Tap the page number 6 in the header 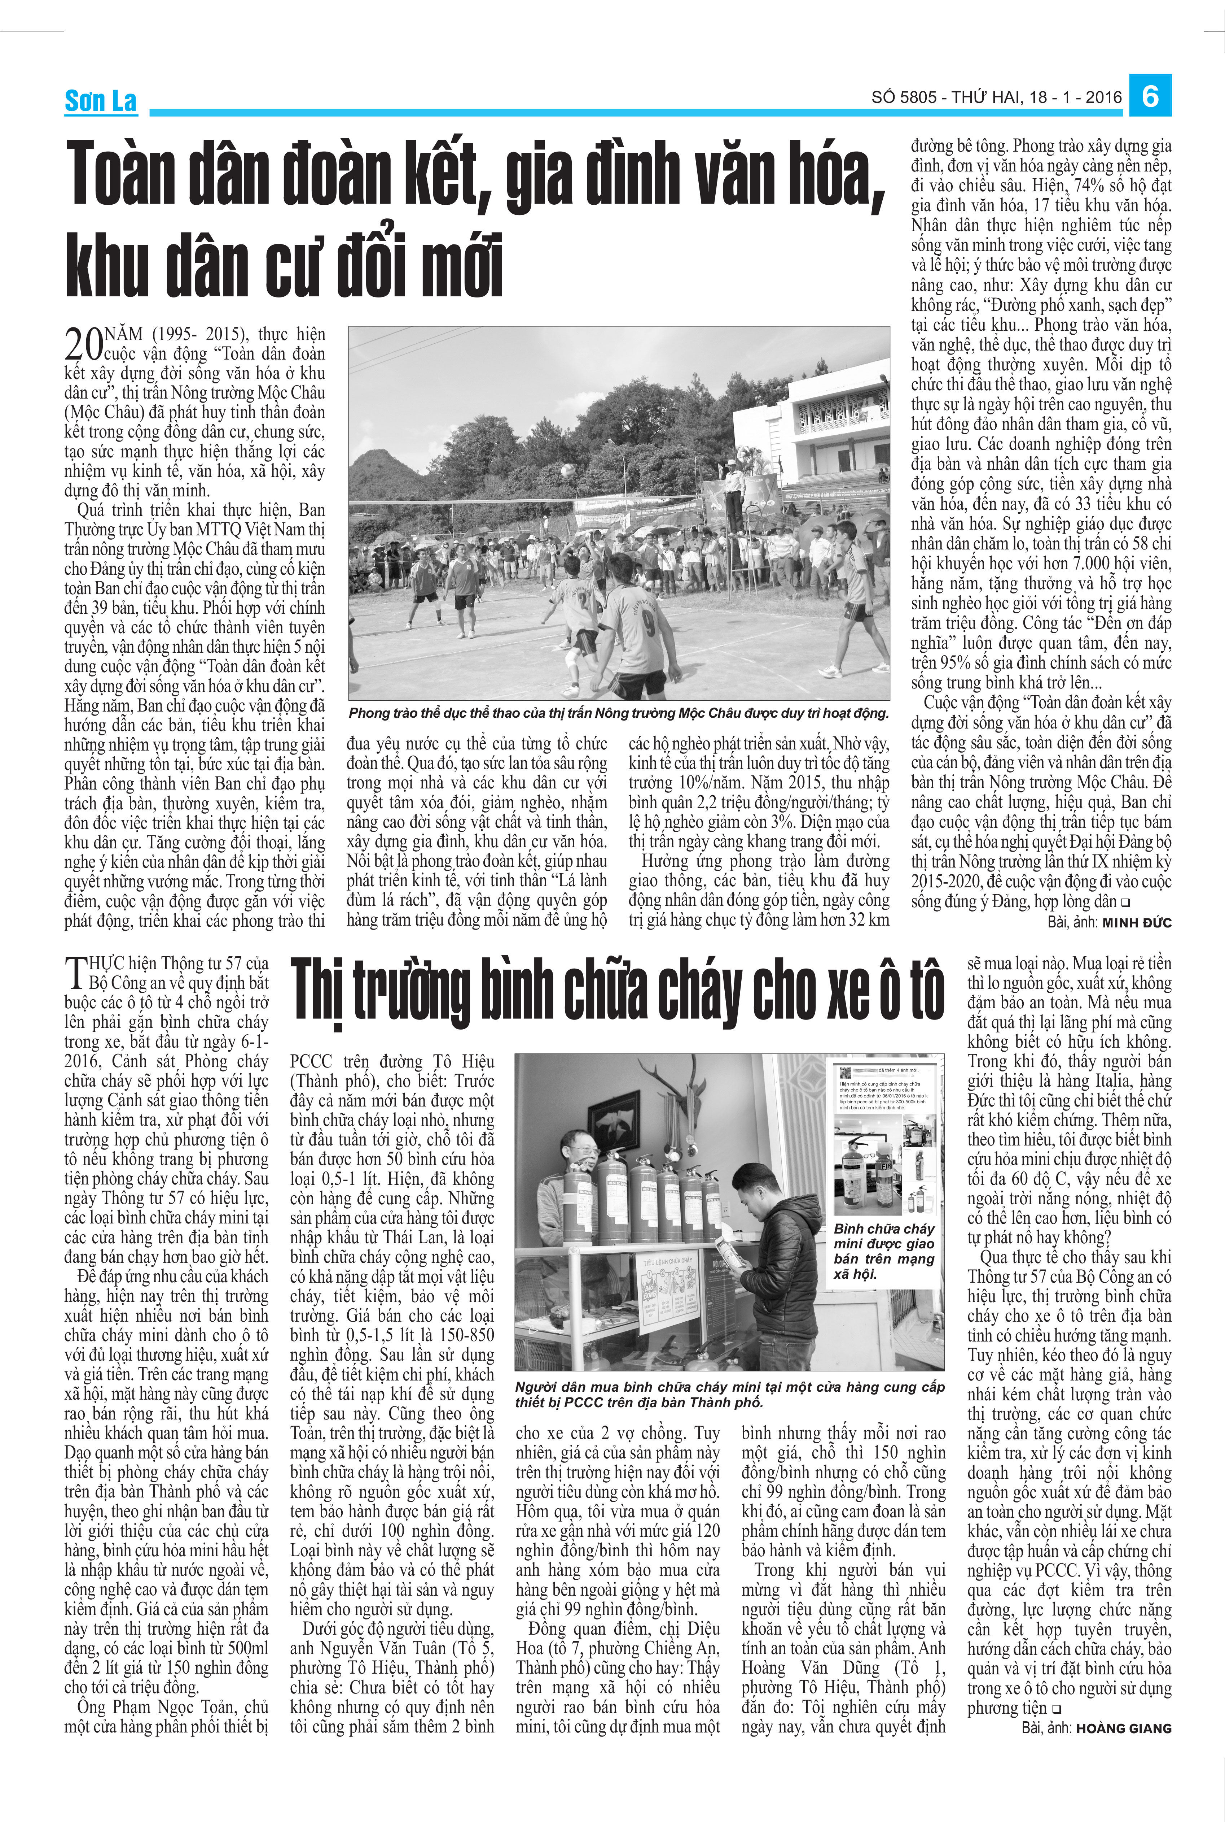tap(1150, 96)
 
